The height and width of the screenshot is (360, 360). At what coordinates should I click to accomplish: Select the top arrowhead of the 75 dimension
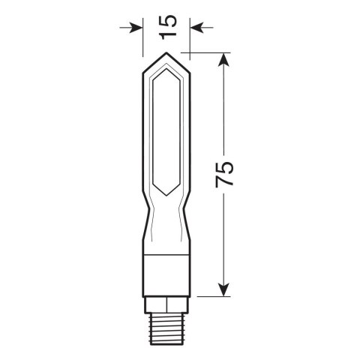click(x=223, y=58)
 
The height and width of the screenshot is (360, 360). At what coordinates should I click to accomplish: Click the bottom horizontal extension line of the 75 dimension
click(x=210, y=297)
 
